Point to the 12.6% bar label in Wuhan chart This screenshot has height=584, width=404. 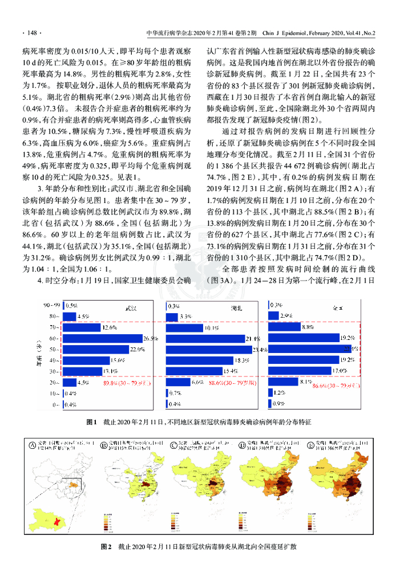pyautogui.click(x=110, y=327)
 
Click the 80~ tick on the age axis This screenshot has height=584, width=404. pyautogui.click(x=55, y=316)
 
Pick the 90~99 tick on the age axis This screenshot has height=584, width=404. pyautogui.click(x=51, y=305)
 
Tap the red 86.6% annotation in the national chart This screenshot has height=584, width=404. pyautogui.click(x=335, y=386)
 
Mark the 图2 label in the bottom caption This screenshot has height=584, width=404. pyautogui.click(x=106, y=547)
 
